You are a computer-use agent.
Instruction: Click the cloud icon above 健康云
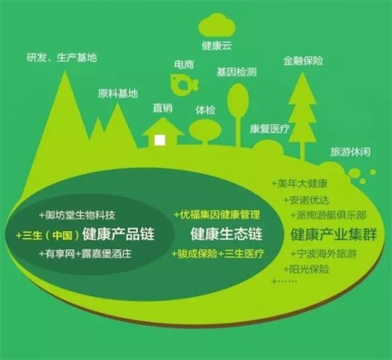click(217, 25)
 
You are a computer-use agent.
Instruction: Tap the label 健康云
click(217, 46)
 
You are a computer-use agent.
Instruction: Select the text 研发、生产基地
click(62, 58)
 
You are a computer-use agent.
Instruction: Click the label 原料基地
click(117, 94)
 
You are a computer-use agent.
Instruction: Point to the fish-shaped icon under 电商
click(184, 83)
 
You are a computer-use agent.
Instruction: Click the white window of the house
click(160, 140)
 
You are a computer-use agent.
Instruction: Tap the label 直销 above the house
click(163, 108)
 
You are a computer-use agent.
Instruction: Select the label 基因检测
click(237, 72)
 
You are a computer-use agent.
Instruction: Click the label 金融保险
click(303, 60)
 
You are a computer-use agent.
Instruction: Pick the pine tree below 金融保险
click(303, 116)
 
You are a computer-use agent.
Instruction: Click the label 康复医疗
click(270, 129)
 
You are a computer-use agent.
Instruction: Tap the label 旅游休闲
click(350, 151)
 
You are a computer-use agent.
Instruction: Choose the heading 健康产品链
click(118, 234)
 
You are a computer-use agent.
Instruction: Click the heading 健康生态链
click(226, 234)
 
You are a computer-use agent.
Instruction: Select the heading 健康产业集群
click(333, 234)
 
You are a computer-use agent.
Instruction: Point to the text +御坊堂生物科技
click(77, 215)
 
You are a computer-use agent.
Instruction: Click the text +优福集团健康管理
click(217, 214)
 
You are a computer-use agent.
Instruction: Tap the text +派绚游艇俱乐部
click(328, 215)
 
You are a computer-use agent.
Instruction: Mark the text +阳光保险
click(307, 269)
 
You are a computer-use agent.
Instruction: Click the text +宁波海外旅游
click(323, 253)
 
